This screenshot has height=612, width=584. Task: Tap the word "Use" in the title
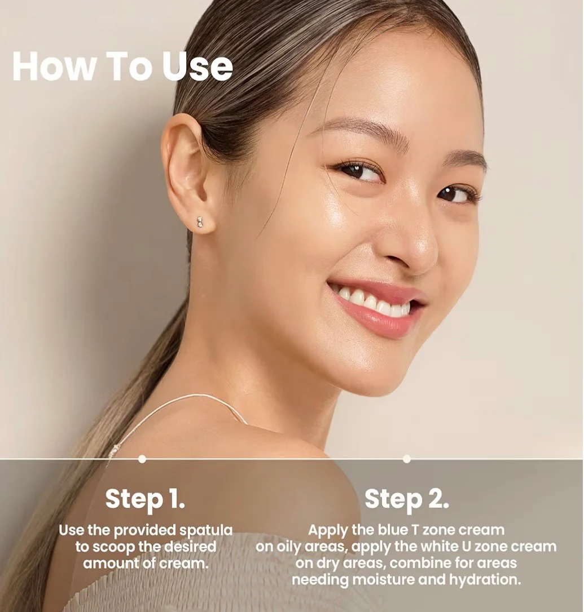(197, 66)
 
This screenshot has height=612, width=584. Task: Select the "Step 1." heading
(145, 499)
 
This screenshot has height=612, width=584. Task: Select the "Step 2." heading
(406, 499)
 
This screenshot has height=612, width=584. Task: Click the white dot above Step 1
(142, 459)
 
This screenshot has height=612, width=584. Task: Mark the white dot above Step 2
(406, 459)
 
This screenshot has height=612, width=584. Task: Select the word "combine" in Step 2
(428, 563)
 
